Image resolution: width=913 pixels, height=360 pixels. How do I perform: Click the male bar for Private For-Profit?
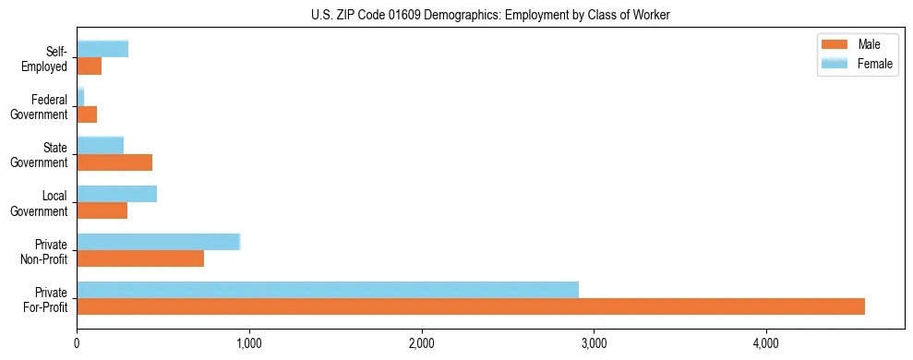(x=471, y=306)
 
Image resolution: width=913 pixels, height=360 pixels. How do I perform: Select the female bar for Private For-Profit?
(x=328, y=290)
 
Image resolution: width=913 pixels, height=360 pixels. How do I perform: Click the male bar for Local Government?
(x=102, y=210)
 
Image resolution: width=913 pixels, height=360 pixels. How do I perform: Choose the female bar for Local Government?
(x=116, y=194)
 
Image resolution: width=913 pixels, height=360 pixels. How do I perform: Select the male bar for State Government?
(x=114, y=162)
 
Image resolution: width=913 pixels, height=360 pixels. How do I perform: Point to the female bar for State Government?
(x=100, y=146)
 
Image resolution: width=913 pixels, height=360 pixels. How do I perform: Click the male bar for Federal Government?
(x=87, y=114)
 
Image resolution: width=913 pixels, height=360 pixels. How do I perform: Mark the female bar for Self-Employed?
(x=102, y=49)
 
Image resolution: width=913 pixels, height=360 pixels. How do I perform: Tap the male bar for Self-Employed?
(x=89, y=66)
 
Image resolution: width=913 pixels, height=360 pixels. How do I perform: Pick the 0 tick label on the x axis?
(x=77, y=343)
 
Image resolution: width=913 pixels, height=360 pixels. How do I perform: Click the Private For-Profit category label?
(x=46, y=298)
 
